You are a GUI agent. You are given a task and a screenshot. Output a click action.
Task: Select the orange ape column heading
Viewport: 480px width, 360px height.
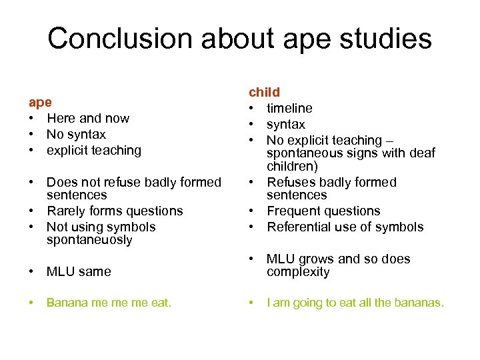40,103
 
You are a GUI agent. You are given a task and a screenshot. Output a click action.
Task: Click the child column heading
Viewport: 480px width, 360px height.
265,92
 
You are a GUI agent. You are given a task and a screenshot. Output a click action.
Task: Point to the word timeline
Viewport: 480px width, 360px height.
289,108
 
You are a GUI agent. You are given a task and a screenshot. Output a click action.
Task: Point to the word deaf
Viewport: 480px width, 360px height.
421,153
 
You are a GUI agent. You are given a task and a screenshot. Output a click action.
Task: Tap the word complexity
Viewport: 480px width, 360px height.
298,272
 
